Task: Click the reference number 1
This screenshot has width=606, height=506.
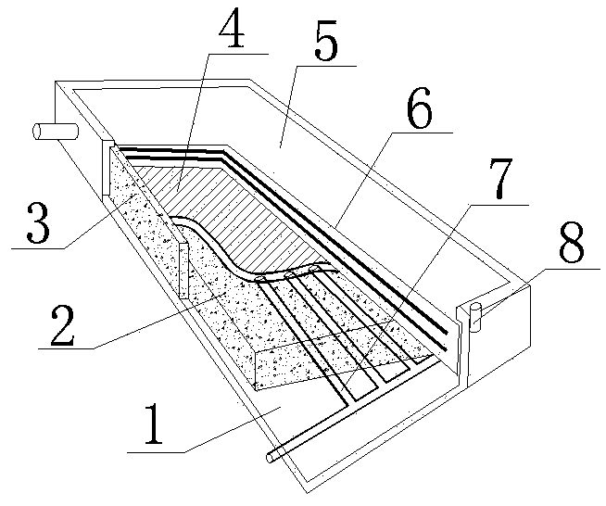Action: click(153, 424)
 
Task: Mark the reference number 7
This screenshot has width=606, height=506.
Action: click(500, 178)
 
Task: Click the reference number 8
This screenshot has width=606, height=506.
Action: click(571, 245)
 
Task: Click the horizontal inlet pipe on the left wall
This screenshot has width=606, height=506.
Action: click(56, 132)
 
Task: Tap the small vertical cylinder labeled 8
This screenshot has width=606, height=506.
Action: click(475, 317)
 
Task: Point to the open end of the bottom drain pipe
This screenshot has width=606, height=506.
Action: click(270, 458)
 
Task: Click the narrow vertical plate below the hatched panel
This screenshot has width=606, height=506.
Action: click(183, 271)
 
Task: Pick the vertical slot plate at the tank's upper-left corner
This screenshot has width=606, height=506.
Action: click(107, 168)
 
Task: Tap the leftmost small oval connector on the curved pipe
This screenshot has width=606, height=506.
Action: click(259, 278)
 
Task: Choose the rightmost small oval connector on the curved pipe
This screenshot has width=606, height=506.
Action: click(313, 268)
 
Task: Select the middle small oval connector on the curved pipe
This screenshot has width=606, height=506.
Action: click(288, 274)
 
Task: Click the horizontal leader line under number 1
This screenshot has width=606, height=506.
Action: click(156, 451)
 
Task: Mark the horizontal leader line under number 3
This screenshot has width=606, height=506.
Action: click(38, 248)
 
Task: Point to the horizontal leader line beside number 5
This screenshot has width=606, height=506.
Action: click(326, 66)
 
